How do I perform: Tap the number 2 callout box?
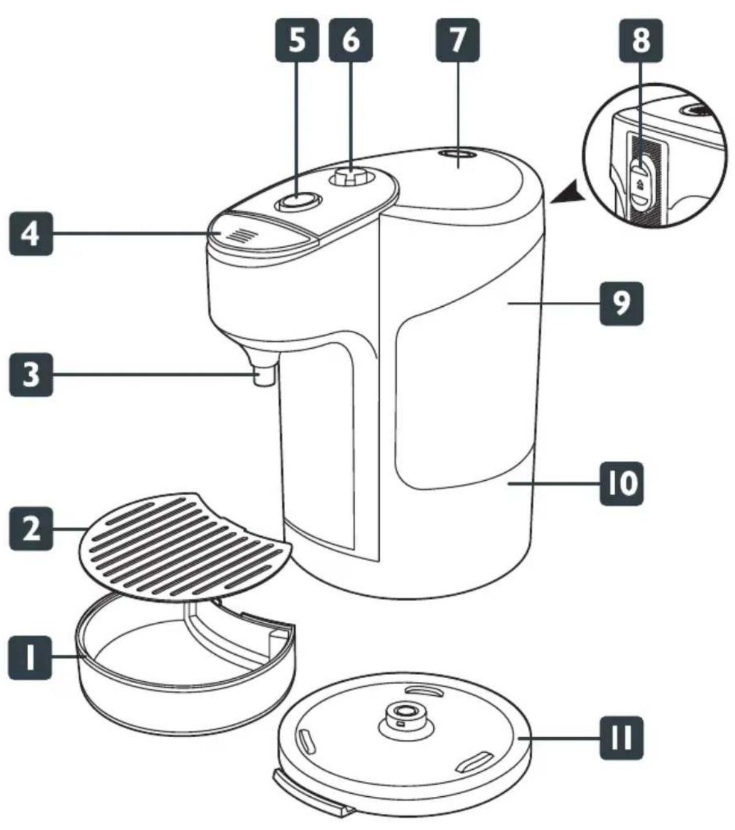(31, 529)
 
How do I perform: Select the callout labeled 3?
(31, 374)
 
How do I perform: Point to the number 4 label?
(31, 234)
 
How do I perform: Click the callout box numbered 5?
(297, 40)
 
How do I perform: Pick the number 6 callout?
(351, 40)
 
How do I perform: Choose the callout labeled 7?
(458, 40)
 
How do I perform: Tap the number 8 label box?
(641, 41)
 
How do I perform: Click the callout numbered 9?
(621, 304)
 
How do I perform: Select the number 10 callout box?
(621, 483)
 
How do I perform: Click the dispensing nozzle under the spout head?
(264, 376)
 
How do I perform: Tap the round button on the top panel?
(298, 202)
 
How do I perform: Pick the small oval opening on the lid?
(458, 154)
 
